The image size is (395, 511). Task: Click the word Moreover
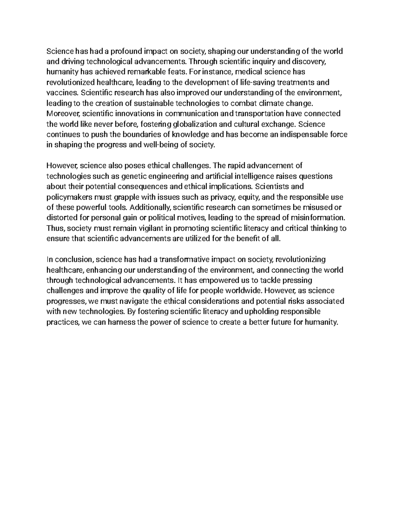pyautogui.click(x=63, y=114)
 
